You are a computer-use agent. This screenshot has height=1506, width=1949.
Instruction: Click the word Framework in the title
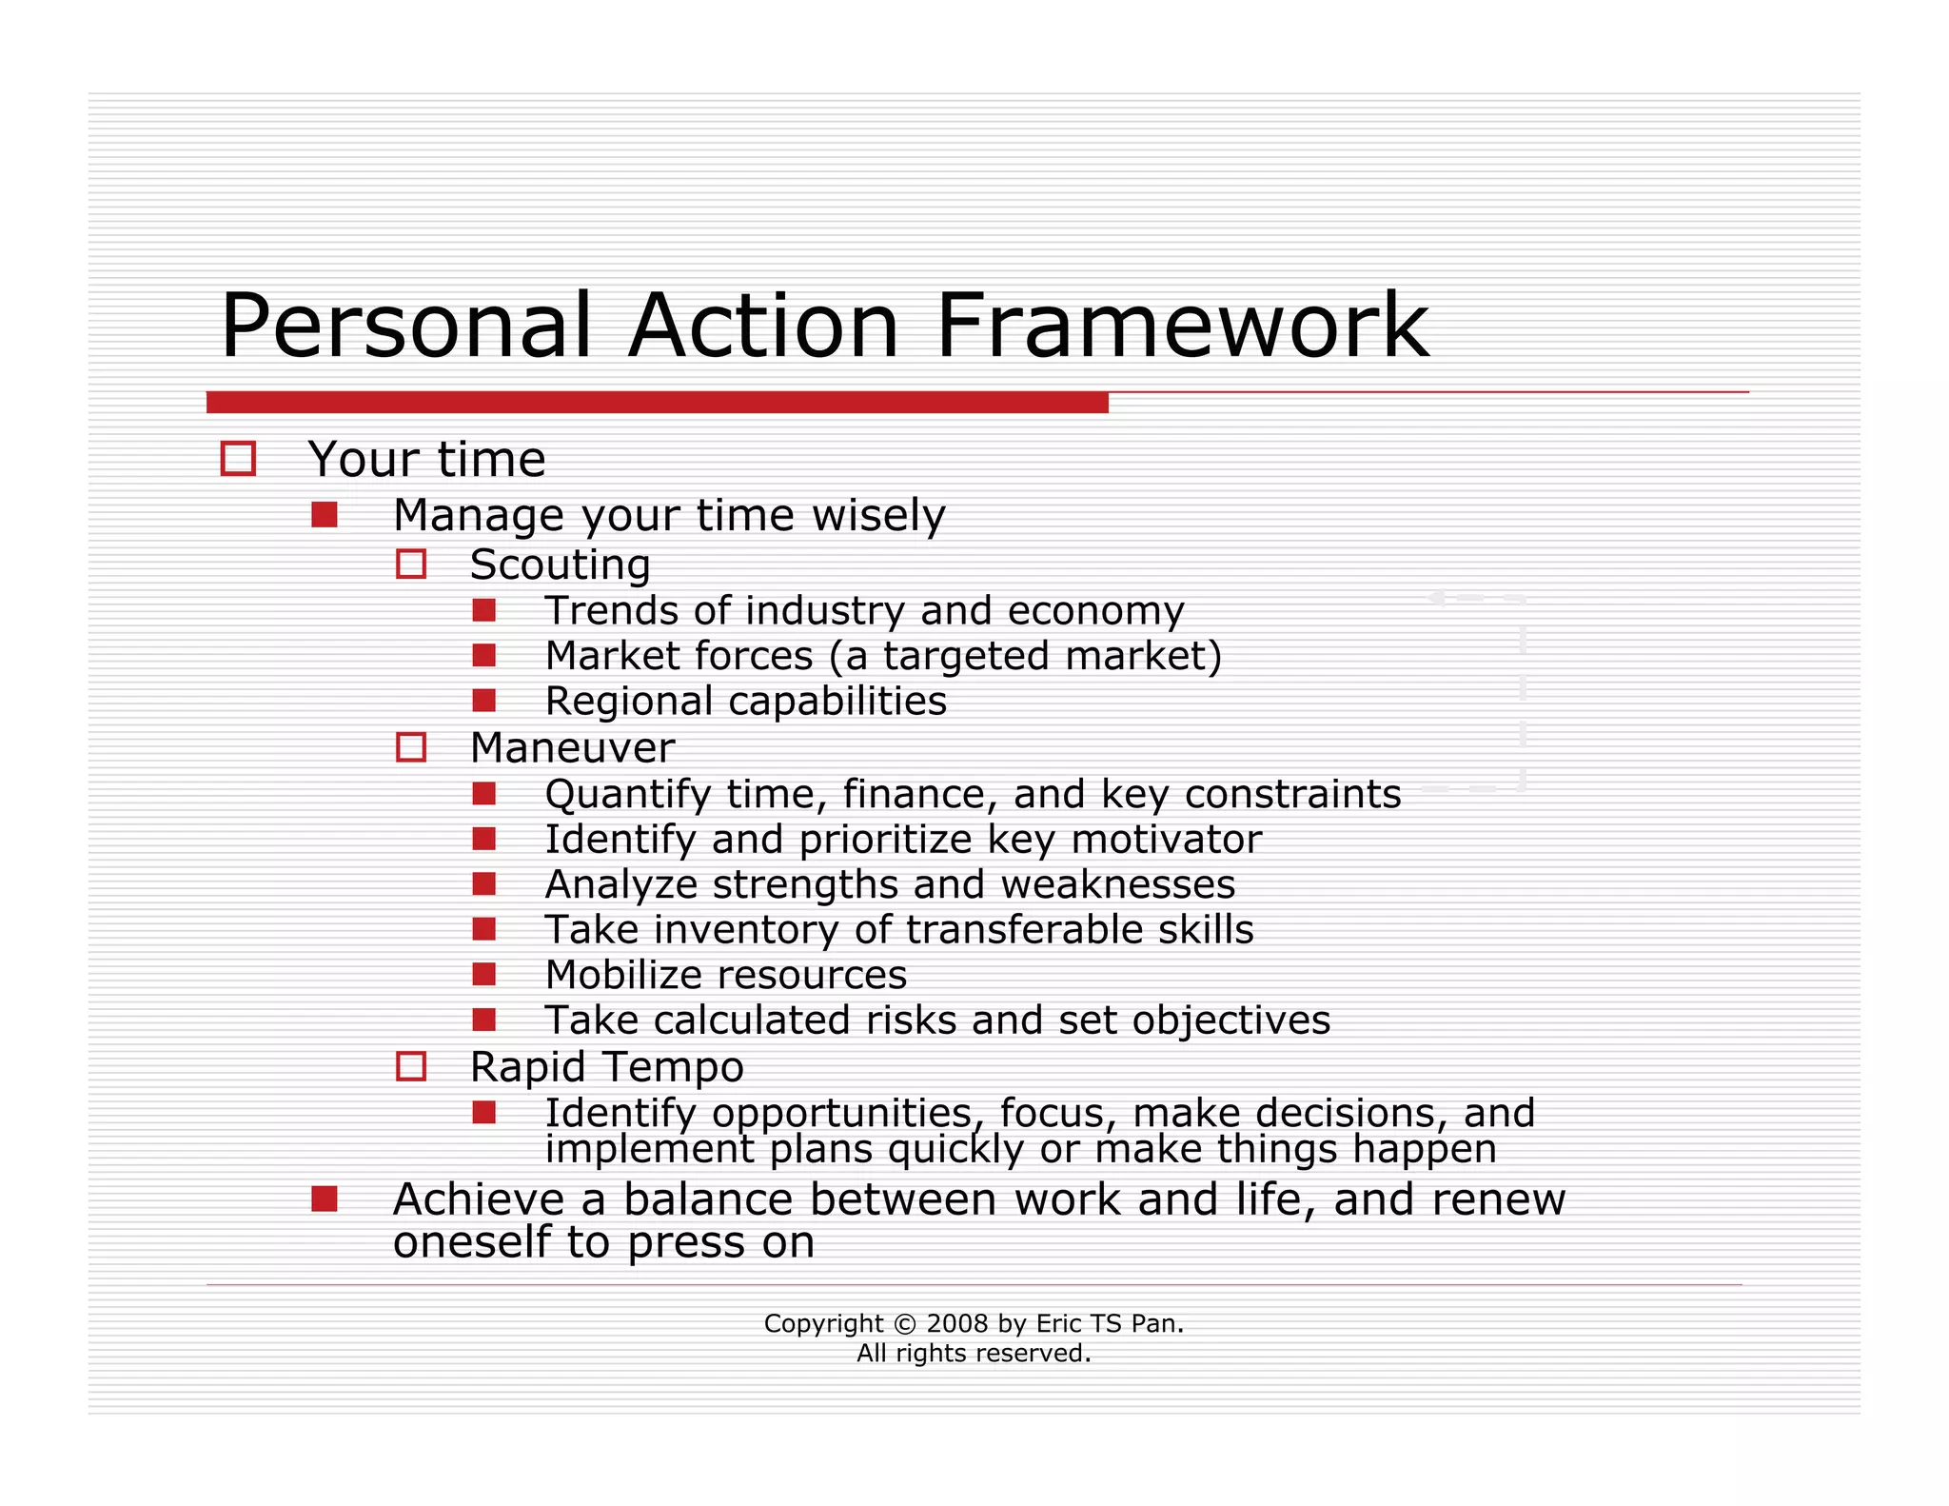[x=1182, y=327]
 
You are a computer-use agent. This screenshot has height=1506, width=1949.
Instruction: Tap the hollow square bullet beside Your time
[x=238, y=459]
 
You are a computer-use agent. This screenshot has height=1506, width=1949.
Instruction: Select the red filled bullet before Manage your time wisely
[x=325, y=515]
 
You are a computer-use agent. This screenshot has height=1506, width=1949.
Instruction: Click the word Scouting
[x=560, y=565]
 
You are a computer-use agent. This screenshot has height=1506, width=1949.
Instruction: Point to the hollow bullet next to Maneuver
[x=411, y=747]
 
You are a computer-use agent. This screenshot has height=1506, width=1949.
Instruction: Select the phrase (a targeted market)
[x=1025, y=657]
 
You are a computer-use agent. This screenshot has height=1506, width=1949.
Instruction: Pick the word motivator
[x=1167, y=840]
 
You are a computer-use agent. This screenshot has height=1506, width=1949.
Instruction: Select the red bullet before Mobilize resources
[x=484, y=974]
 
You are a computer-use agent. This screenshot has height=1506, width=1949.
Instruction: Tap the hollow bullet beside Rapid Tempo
[x=411, y=1066]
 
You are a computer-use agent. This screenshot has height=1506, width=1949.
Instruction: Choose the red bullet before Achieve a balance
[x=325, y=1199]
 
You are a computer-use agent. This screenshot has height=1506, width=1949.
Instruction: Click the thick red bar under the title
[x=657, y=403]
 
